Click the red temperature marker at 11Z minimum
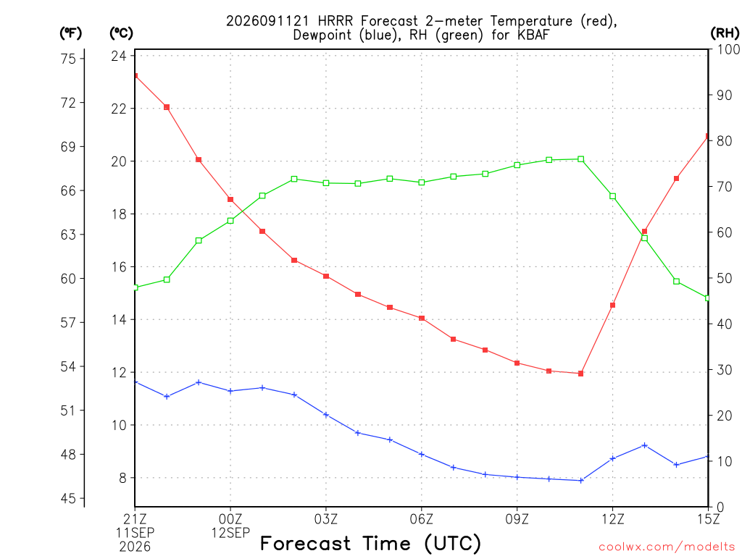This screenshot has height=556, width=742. (580, 374)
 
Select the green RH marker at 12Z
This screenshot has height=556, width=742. (612, 196)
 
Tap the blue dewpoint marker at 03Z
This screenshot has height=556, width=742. (326, 415)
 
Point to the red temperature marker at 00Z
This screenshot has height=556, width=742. (230, 200)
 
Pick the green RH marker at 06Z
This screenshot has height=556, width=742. (422, 182)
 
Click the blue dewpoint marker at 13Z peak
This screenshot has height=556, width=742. (644, 445)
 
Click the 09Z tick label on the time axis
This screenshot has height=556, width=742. (517, 519)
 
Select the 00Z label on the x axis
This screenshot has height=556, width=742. (230, 519)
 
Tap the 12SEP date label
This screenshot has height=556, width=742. (230, 533)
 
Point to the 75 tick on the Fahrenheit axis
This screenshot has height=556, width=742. (68, 59)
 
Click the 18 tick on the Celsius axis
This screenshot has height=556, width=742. (119, 214)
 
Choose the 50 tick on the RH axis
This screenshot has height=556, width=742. (724, 279)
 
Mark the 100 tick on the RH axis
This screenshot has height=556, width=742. (728, 49)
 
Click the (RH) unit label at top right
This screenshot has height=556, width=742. (725, 33)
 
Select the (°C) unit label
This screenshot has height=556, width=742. (121, 33)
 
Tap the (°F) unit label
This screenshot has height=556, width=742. (70, 33)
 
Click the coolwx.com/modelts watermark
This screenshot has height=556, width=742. (667, 547)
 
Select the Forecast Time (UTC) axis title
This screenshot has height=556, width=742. (370, 543)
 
